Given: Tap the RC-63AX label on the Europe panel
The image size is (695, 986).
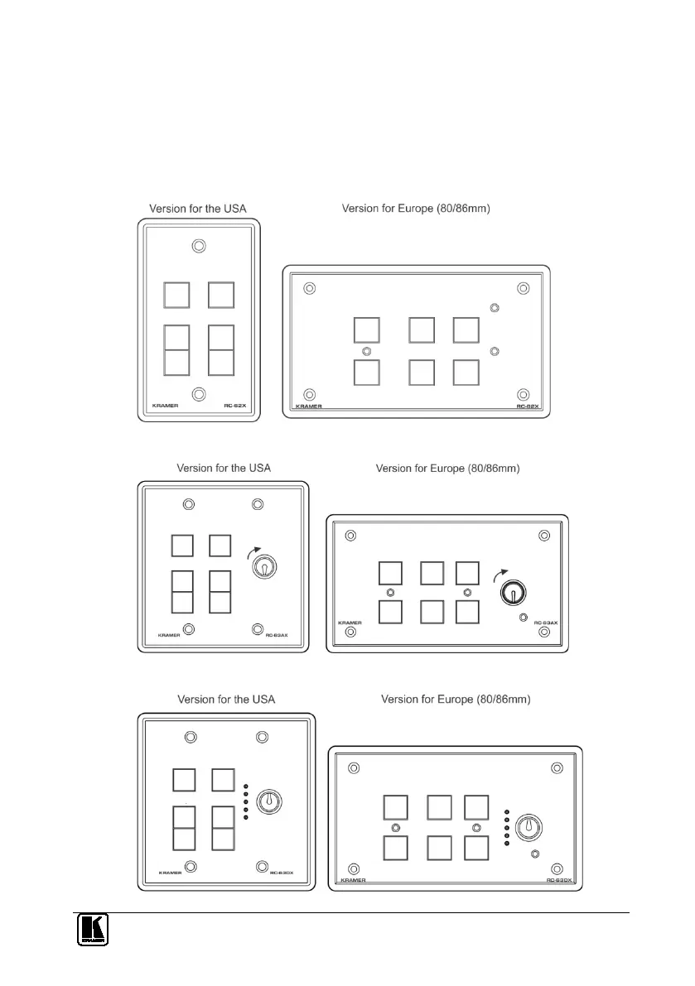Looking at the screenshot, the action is pyautogui.click(x=547, y=622).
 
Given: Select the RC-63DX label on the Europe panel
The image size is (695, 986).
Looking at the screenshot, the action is pyautogui.click(x=560, y=880).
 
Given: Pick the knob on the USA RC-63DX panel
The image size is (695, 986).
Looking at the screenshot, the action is pyautogui.click(x=268, y=801).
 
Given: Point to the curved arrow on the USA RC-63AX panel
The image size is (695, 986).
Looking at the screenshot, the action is pyautogui.click(x=257, y=549).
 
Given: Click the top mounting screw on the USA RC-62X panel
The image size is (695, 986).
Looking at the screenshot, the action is pyautogui.click(x=199, y=246).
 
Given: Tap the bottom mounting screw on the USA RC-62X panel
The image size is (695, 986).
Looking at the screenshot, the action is pyautogui.click(x=199, y=395).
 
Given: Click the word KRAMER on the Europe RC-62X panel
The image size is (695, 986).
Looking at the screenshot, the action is pyautogui.click(x=308, y=407).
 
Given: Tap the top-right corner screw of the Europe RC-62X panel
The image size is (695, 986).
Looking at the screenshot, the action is pyautogui.click(x=523, y=288).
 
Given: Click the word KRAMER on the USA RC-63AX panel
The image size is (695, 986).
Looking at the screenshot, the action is pyautogui.click(x=168, y=636).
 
